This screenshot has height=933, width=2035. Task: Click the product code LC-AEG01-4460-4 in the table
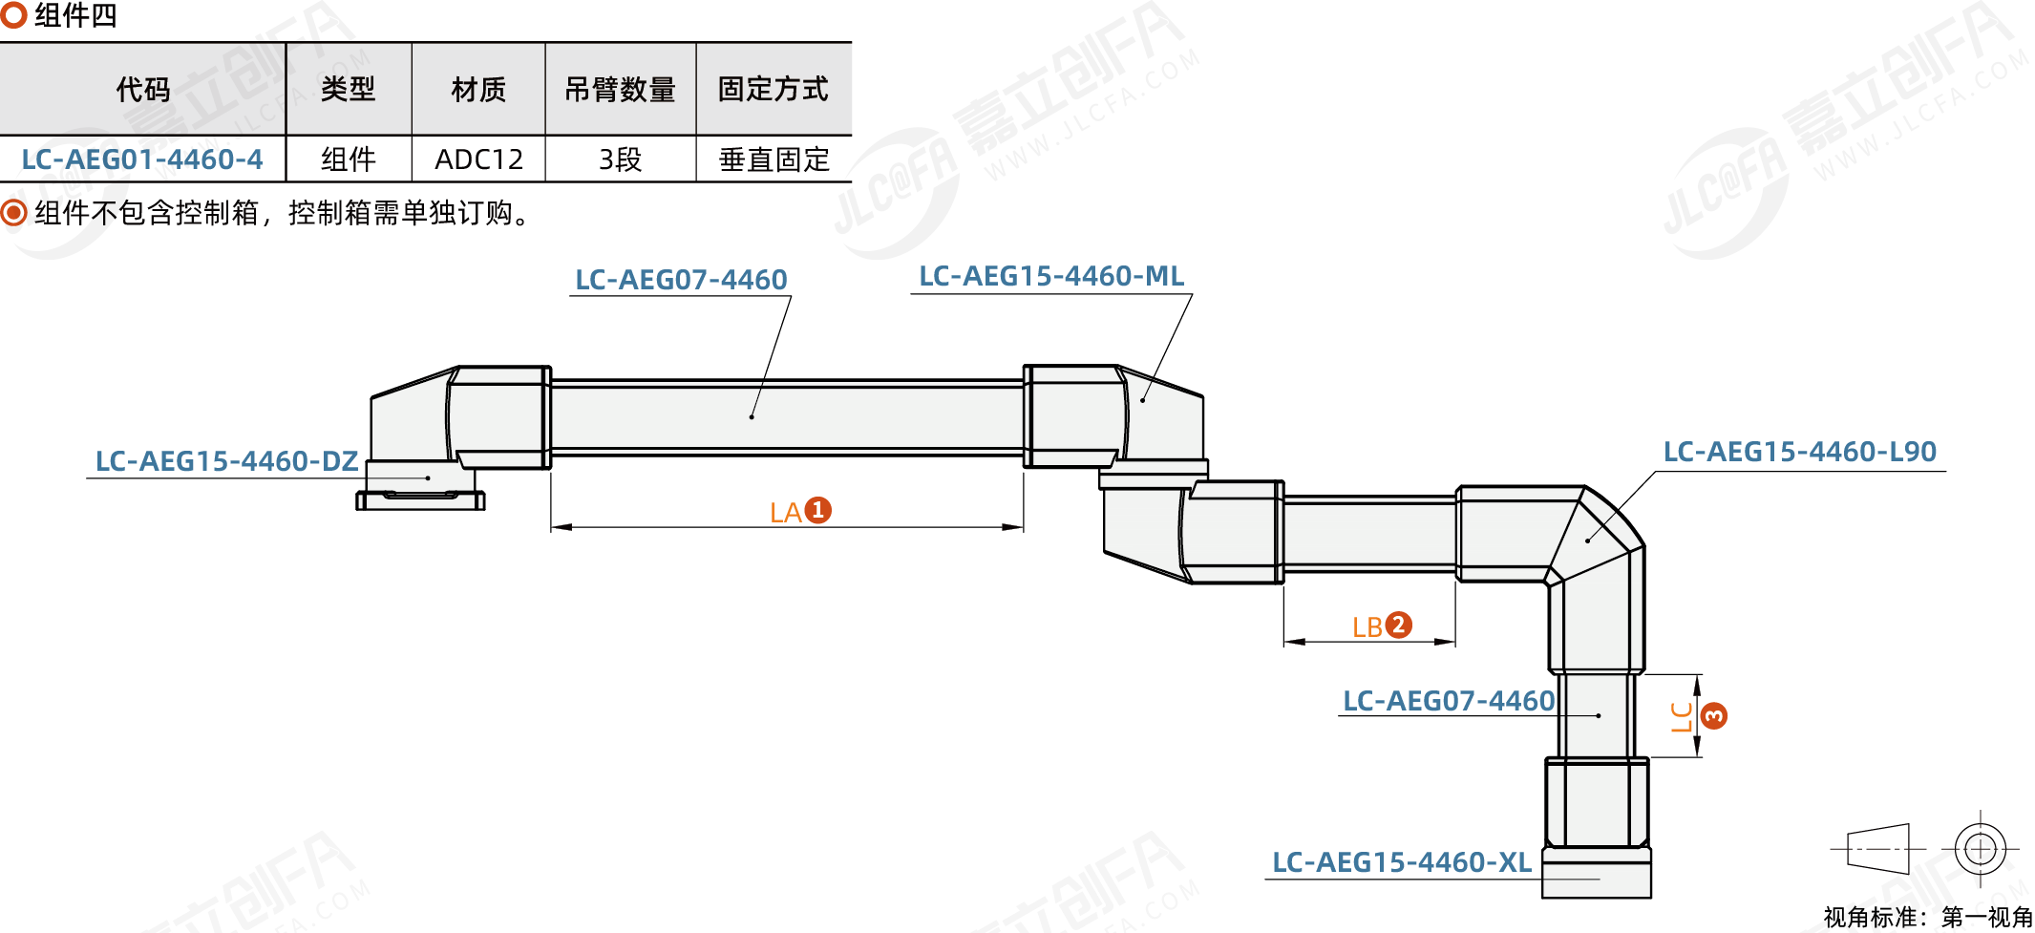coord(142,159)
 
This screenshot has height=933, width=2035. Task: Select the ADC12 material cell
coord(478,159)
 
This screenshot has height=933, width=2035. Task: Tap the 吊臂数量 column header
coord(620,90)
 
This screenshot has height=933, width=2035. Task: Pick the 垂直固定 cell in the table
coord(774,159)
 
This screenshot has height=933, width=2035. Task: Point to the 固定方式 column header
coord(773,90)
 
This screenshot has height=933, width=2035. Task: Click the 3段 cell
coord(620,159)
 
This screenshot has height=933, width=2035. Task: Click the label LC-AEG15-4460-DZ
coord(226,461)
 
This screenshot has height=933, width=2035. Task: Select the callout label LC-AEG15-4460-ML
coord(1050,276)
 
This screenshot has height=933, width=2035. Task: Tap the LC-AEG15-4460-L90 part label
coord(1799,452)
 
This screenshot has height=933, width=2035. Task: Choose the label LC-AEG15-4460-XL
coord(1401,862)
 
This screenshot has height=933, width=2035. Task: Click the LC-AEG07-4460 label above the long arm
coord(681,280)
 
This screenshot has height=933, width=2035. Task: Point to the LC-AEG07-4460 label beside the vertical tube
coord(1448,701)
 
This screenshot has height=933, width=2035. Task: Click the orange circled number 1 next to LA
coord(817,510)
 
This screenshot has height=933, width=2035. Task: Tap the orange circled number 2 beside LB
coord(1398,625)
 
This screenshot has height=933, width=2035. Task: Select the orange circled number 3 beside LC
coord(1714,715)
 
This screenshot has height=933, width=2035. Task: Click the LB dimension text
coord(1367,627)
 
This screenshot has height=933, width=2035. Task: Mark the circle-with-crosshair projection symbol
coord(1980,848)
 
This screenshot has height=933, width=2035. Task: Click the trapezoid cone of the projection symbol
coord(1877,848)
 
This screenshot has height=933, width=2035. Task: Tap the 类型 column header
coord(348,90)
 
